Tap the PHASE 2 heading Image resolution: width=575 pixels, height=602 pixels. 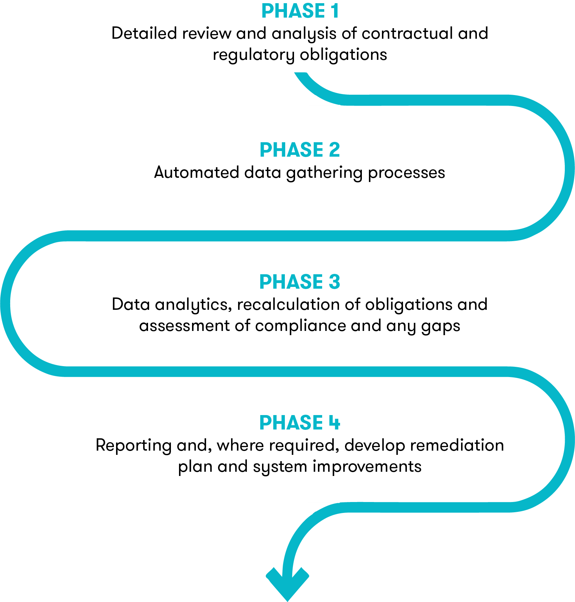pyautogui.click(x=300, y=150)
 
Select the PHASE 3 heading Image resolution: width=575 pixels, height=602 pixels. pyautogui.click(x=300, y=282)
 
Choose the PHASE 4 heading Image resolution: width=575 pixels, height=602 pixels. pyautogui.click(x=300, y=422)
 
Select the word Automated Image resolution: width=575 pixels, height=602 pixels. pyautogui.click(x=197, y=173)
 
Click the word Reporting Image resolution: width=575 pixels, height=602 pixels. pyautogui.click(x=133, y=446)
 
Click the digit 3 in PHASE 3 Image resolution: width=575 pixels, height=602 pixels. pyautogui.click(x=334, y=282)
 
